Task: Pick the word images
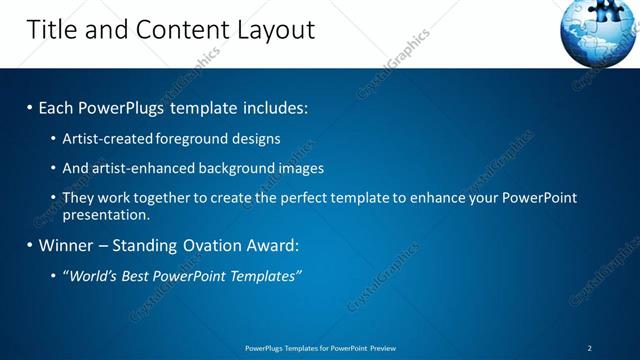(x=300, y=168)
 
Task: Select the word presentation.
(x=106, y=214)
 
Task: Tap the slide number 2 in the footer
(x=589, y=348)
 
